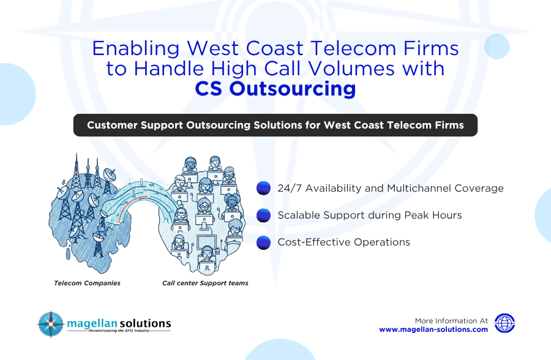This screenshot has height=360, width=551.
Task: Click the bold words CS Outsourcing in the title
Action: [275, 88]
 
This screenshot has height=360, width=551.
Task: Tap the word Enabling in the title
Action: [136, 49]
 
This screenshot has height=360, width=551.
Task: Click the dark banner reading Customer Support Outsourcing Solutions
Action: [275, 125]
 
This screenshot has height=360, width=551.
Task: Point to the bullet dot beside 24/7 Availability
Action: [263, 188]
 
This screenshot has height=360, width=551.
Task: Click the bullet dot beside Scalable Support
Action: [263, 215]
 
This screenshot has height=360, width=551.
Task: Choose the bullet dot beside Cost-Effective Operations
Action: [263, 242]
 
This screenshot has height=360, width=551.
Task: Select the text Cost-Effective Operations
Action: [343, 242]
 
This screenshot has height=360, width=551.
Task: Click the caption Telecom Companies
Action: [87, 283]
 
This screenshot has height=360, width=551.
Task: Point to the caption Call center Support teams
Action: [205, 283]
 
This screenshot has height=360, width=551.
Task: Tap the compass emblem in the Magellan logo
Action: [51, 324]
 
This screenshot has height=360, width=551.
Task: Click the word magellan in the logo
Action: [92, 324]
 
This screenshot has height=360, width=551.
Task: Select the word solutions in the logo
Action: [144, 323]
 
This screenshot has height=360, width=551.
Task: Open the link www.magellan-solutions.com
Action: [433, 329]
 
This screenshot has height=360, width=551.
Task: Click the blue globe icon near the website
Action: [504, 323]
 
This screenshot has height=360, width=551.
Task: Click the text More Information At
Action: [451, 321]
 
